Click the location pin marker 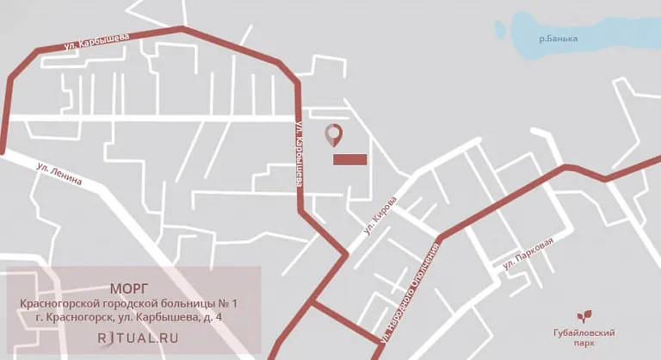333,134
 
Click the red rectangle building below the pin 349,159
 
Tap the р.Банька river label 558,39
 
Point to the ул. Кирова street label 380,215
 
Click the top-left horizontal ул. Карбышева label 96,40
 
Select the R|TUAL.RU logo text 138,338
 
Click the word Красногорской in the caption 61,303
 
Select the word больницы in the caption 178,303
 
